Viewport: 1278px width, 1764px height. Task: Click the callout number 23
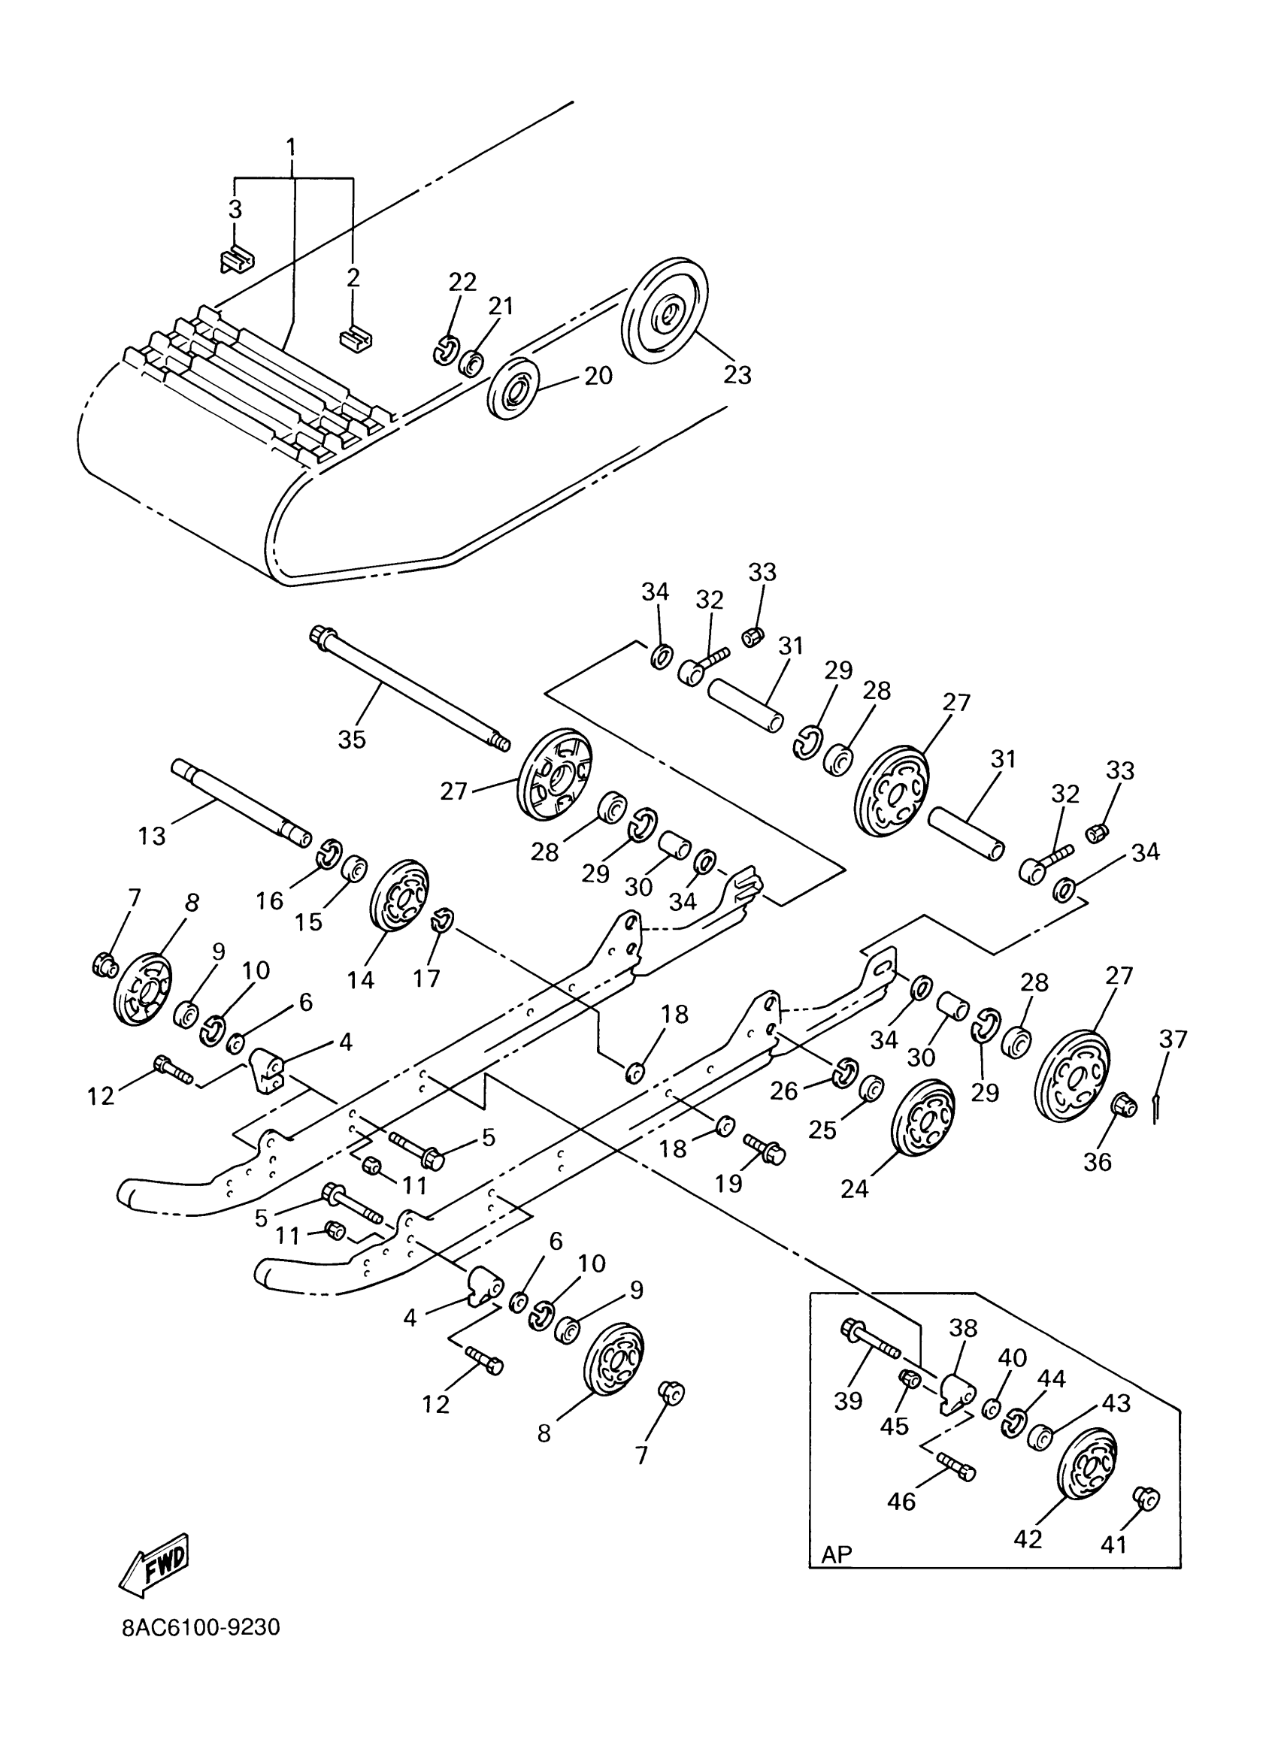[737, 374]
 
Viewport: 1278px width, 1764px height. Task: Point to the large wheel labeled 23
[666, 310]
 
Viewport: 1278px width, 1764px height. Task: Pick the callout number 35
[352, 739]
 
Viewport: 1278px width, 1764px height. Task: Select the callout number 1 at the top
[292, 147]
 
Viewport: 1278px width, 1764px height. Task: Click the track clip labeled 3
[237, 259]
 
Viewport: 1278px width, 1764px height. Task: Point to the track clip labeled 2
[356, 339]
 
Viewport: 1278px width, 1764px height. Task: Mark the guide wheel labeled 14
[400, 906]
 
